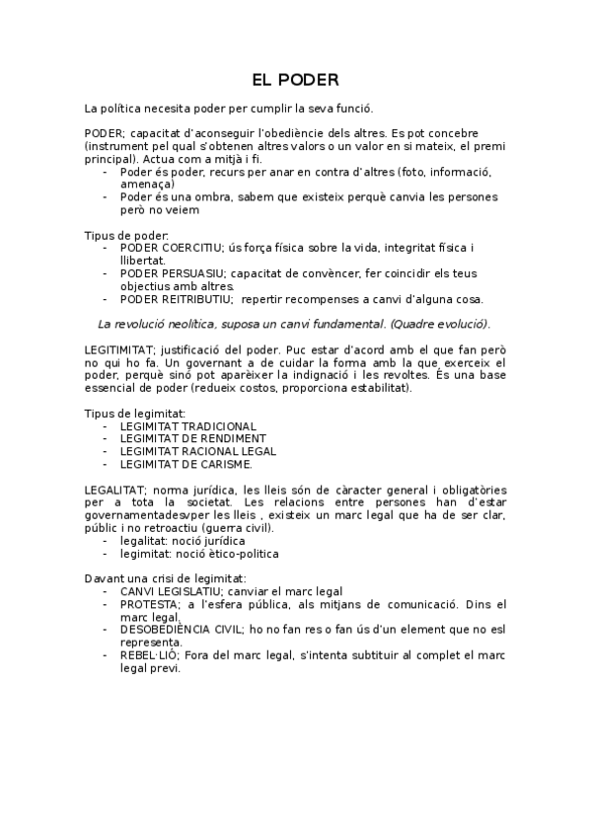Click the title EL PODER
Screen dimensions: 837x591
[x=295, y=78]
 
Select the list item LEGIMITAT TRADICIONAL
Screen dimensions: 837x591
[x=187, y=426]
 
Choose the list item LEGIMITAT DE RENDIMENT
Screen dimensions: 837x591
[x=192, y=438]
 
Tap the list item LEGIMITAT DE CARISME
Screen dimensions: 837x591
[x=185, y=464]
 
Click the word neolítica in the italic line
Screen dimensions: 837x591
[x=191, y=324]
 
